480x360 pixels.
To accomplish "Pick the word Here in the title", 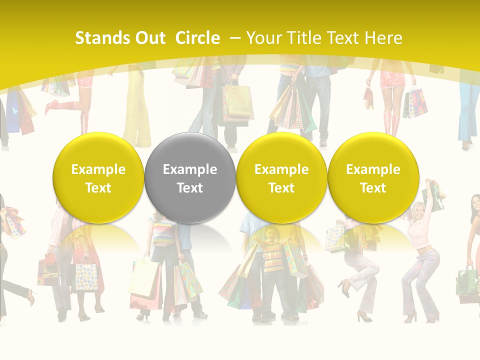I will click(x=383, y=38).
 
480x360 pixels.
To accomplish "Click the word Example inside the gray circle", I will click(x=190, y=169).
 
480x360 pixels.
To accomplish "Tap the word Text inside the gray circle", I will click(x=190, y=188).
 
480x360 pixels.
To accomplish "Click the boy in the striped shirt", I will click(x=273, y=255).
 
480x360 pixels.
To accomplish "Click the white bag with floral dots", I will click(x=86, y=276).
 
